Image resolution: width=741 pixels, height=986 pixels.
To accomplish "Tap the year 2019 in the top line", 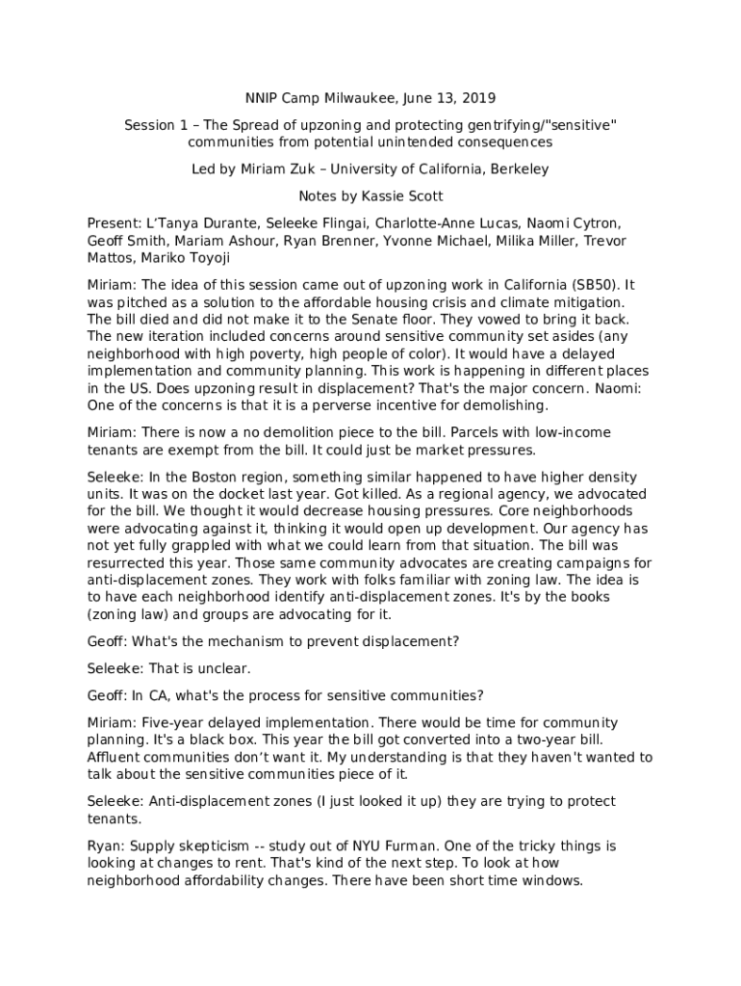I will pos(477,98).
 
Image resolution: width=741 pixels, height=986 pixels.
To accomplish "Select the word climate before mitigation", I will pos(521,302).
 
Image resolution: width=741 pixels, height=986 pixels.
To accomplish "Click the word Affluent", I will pos(116,757).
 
